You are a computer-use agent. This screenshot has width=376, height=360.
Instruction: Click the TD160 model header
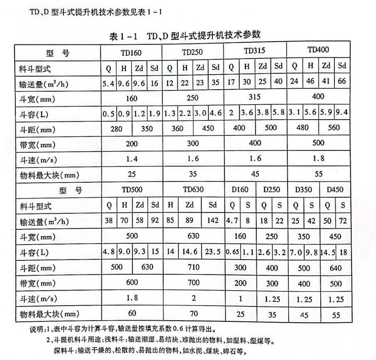tap(131, 53)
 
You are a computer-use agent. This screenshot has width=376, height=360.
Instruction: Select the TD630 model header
tap(193, 190)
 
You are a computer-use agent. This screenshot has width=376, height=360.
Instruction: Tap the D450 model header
tap(335, 190)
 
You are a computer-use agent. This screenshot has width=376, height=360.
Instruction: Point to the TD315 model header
tap(255, 51)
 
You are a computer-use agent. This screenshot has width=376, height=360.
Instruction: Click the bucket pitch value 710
tap(193, 267)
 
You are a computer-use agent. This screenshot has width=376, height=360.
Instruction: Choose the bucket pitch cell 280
tap(117, 129)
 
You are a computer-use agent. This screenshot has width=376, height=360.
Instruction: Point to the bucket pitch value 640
tap(335, 268)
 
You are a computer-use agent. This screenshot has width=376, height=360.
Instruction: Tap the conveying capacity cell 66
tap(342, 81)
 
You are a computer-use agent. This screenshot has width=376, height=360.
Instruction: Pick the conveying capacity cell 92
tap(155, 221)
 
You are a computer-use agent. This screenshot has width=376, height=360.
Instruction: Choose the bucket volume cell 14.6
tap(189, 252)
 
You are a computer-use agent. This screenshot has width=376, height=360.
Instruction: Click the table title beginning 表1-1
tap(185, 36)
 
